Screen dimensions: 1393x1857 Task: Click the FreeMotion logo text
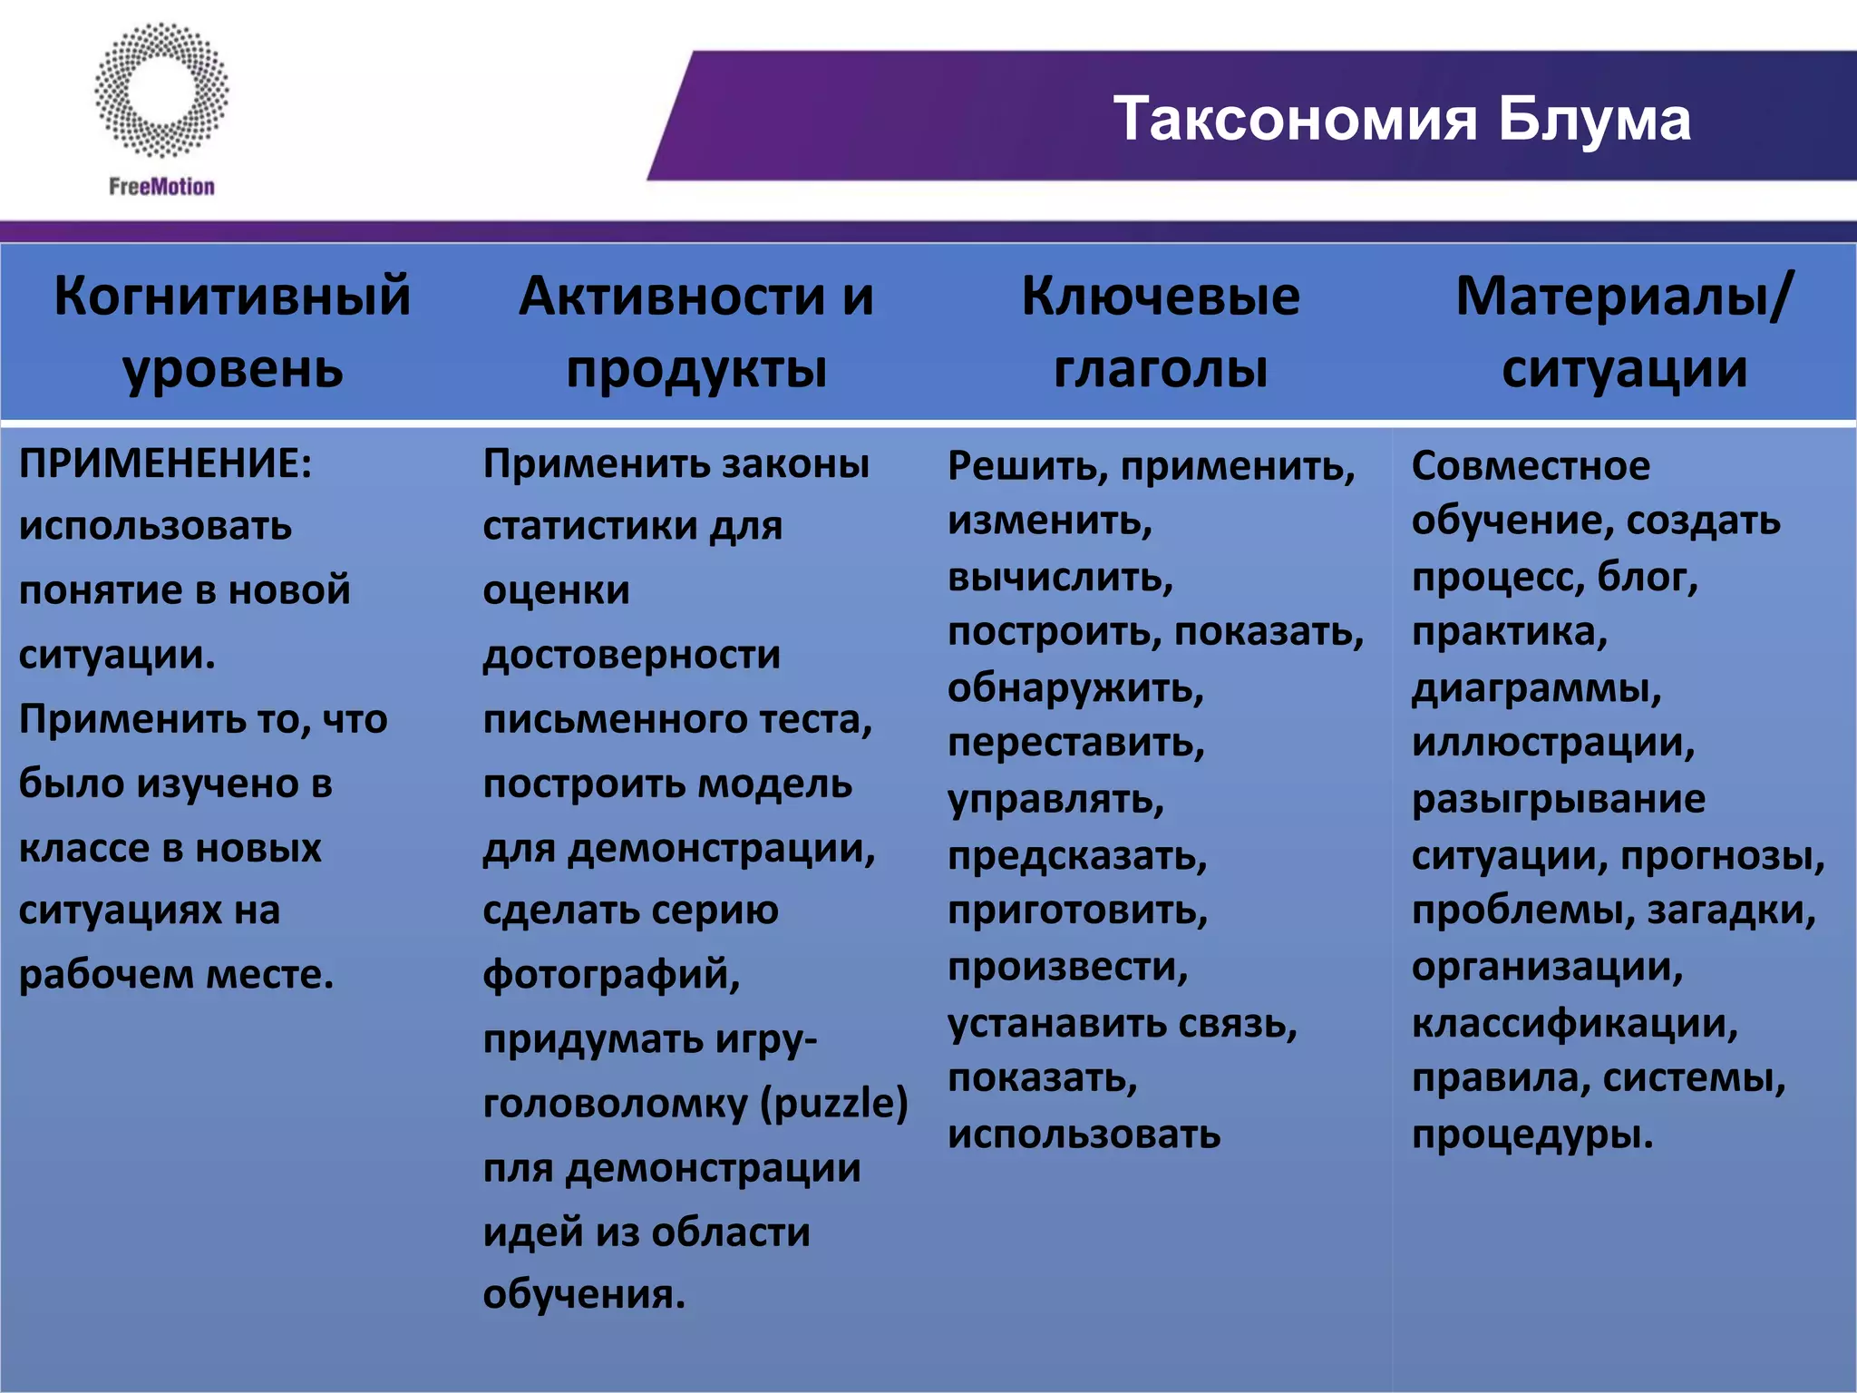161,187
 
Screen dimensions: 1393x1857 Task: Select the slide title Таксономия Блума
1402,119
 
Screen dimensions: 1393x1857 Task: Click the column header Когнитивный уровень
232,332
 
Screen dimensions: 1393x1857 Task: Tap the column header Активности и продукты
696,332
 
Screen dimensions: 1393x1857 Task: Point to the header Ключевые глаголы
1161,332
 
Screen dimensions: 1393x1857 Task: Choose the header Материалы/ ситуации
1623,332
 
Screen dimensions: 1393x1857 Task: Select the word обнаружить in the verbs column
1075,687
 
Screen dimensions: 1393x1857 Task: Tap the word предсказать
1077,855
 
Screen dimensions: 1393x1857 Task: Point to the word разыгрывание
1558,799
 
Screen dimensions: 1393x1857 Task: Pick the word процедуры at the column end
1532,1135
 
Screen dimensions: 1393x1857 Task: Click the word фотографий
611,975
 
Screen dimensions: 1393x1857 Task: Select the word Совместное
1531,465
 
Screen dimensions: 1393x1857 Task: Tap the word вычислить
1060,577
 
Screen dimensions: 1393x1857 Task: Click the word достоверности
631,655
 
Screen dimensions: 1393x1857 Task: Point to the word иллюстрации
1552,743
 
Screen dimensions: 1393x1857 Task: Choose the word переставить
1075,743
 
